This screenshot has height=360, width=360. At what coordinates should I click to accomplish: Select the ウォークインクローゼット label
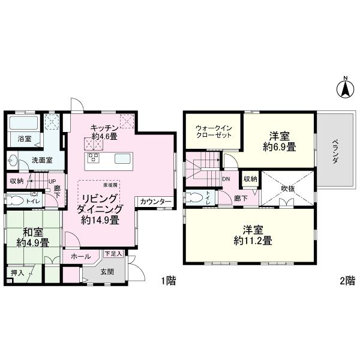pyautogui.click(x=213, y=131)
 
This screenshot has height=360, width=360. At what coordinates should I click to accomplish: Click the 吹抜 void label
pyautogui.click(x=289, y=188)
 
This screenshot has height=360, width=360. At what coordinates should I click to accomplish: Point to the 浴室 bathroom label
pyautogui.click(x=24, y=139)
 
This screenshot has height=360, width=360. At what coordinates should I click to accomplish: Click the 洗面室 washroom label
pyautogui.click(x=41, y=161)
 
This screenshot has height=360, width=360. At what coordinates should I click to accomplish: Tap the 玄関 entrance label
pyautogui.click(x=107, y=272)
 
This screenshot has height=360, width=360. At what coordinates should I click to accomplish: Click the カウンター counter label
pyautogui.click(x=155, y=201)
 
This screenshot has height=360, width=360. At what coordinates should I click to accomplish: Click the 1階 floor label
pyautogui.click(x=168, y=281)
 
